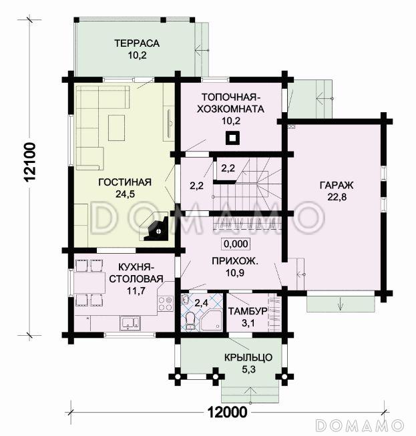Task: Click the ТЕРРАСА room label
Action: tap(137, 43)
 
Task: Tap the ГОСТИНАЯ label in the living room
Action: tap(125, 182)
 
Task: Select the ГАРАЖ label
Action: tap(337, 185)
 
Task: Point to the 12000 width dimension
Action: tap(228, 412)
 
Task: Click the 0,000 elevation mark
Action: tap(236, 244)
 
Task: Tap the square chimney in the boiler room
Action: tap(232, 138)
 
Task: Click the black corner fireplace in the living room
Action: tap(156, 227)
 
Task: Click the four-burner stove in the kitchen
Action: tap(166, 304)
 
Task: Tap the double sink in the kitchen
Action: tap(130, 323)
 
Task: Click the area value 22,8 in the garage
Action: tap(337, 197)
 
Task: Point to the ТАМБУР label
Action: tap(248, 311)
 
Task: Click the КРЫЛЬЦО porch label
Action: tap(248, 357)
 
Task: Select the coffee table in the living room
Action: tap(116, 128)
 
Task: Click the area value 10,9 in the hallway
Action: tap(234, 273)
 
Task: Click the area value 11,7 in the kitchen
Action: tap(136, 291)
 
